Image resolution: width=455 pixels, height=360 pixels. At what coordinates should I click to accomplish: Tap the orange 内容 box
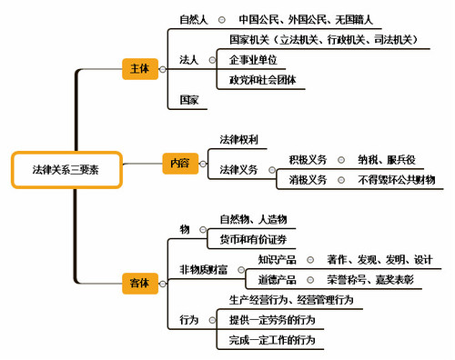click(x=178, y=162)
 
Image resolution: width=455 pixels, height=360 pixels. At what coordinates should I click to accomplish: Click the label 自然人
click(x=195, y=18)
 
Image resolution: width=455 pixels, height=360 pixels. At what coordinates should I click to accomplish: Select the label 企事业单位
click(x=254, y=60)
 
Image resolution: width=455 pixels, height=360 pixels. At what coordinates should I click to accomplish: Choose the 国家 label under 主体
click(x=189, y=100)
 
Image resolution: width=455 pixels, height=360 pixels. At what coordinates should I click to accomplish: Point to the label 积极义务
click(x=308, y=159)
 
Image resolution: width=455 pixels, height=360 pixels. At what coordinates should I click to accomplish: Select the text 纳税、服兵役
click(x=389, y=159)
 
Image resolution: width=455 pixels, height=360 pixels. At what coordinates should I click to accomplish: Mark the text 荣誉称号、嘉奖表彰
click(x=372, y=280)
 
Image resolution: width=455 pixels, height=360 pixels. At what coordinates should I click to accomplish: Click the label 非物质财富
click(x=204, y=269)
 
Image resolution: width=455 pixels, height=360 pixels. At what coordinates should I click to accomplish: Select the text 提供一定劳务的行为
click(x=272, y=320)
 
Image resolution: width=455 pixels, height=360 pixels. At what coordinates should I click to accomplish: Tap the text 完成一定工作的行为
click(x=272, y=340)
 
